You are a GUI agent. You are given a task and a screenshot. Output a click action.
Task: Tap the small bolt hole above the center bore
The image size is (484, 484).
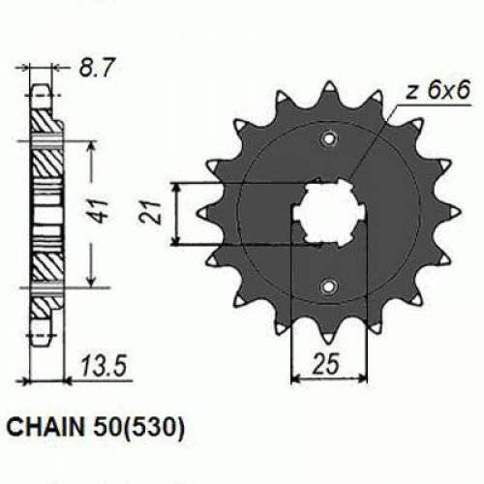[x=329, y=137]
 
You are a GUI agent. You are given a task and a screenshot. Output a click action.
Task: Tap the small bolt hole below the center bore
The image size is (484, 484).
[x=329, y=287]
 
